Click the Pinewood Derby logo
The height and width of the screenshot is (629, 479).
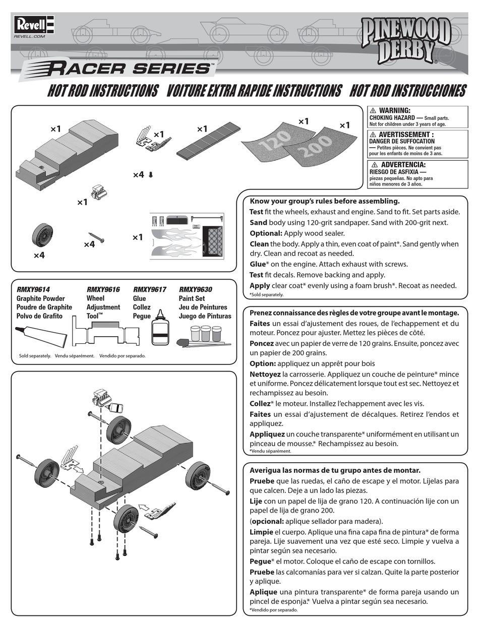pyautogui.click(x=405, y=41)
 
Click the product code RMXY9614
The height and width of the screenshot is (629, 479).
pyautogui.click(x=33, y=290)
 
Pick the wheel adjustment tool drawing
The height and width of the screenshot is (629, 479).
pyautogui.click(x=106, y=335)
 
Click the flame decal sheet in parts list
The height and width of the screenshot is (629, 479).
pyautogui.click(x=186, y=236)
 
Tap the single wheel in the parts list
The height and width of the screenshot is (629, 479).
pyautogui.click(x=41, y=235)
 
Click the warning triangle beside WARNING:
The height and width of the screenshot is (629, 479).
pyautogui.click(x=373, y=110)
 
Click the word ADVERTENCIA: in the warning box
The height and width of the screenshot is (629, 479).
pyautogui.click(x=403, y=165)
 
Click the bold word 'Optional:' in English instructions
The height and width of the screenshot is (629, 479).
pyautogui.click(x=266, y=233)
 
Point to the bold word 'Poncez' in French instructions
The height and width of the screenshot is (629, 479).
pyautogui.click(x=261, y=343)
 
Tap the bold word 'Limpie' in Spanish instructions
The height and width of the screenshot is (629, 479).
pyautogui.click(x=261, y=532)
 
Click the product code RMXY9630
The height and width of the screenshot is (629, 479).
pyautogui.click(x=196, y=290)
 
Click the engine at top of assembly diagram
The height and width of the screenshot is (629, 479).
pyautogui.click(x=102, y=396)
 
